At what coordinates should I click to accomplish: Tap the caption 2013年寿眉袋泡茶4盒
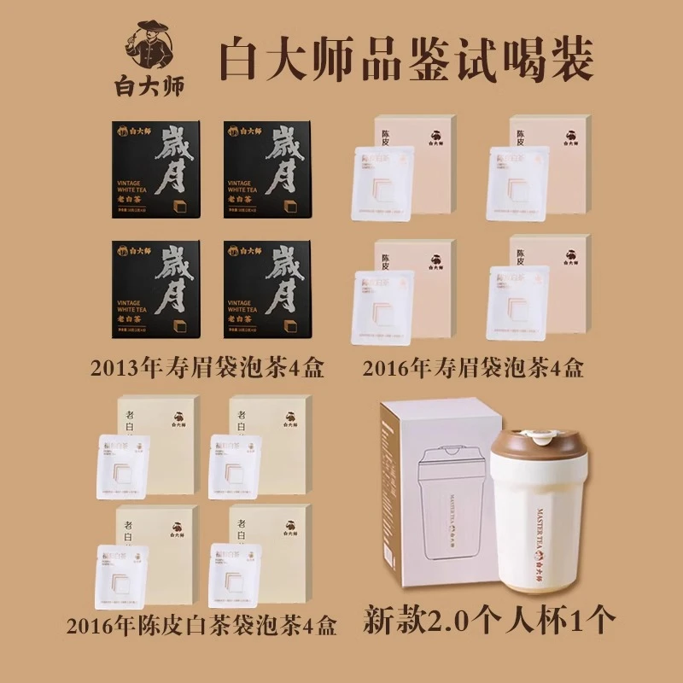pyautogui.click(x=210, y=369)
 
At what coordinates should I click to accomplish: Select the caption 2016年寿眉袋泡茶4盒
pyautogui.click(x=474, y=369)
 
